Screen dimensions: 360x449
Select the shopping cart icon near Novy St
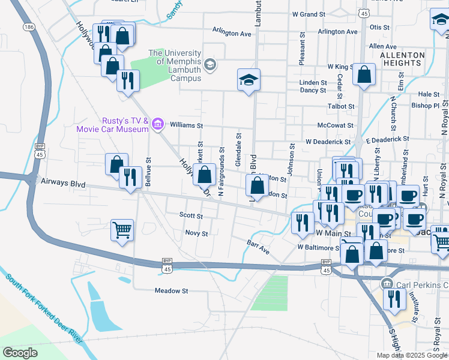tap(122, 229)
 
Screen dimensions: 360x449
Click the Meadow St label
tap(172, 290)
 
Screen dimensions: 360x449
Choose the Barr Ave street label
tap(259, 247)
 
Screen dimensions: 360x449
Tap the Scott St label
tap(191, 215)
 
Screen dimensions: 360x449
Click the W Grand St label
tap(312, 13)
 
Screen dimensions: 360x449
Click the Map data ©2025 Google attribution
tap(411, 355)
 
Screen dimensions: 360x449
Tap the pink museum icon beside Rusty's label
tap(158, 124)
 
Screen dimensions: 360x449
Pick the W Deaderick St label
tap(328, 142)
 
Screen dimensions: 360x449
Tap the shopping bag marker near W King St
tap(364, 75)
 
